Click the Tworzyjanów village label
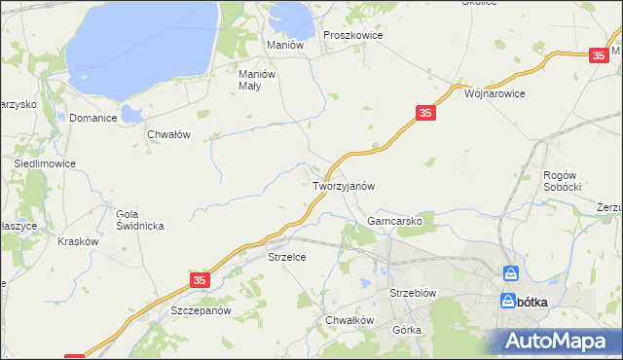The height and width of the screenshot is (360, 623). point(344,185)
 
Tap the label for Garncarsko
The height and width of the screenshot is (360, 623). point(393,222)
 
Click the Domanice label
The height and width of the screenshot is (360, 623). point(93,118)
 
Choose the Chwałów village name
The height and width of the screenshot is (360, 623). point(168,135)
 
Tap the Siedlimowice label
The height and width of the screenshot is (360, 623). point(44,164)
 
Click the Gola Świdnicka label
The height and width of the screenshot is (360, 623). point(139,220)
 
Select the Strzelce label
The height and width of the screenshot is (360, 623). point(287,258)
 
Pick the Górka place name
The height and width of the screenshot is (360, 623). point(407,330)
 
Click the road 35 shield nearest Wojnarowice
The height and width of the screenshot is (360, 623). point(424,114)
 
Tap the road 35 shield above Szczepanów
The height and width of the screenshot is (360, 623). point(199,280)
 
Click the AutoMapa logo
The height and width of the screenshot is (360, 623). point(558,341)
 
